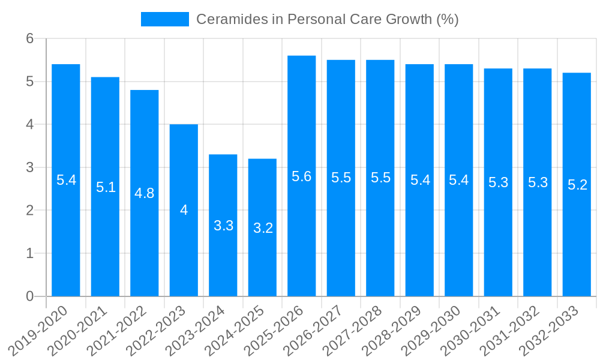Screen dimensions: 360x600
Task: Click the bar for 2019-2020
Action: [66, 180]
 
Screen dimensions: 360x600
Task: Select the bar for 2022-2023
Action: [184, 210]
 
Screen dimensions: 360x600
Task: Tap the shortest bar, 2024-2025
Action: [262, 227]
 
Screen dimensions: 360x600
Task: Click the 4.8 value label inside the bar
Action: [145, 193]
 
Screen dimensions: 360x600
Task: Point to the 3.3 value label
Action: [223, 226]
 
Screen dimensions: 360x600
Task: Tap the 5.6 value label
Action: [302, 176]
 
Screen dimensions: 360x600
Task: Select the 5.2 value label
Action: [577, 185]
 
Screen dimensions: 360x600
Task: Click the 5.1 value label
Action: [106, 187]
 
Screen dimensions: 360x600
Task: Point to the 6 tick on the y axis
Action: [31, 38]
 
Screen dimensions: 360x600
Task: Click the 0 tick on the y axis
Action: [31, 296]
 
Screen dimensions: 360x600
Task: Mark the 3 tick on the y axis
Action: [31, 167]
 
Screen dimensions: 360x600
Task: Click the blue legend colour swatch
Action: [164, 19]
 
